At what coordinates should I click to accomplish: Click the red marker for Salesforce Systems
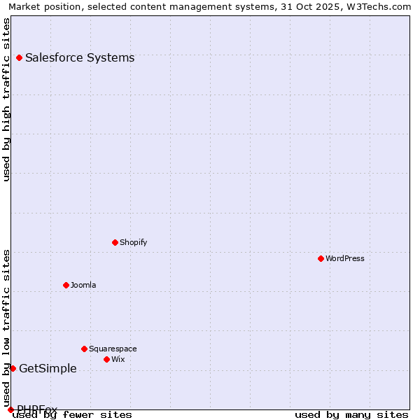[19, 57]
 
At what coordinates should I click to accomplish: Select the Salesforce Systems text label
[80, 57]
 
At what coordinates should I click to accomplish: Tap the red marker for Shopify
[115, 242]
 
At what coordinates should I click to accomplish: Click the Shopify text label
[133, 242]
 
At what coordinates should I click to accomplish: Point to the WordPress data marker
[321, 258]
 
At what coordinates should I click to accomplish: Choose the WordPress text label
[344, 258]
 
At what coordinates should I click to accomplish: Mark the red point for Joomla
[66, 285]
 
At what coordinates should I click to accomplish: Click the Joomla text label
[83, 285]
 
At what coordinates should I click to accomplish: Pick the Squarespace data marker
[84, 349]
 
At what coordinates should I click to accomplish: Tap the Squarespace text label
[113, 349]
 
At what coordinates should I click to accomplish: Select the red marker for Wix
[106, 359]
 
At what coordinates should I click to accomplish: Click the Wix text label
[118, 359]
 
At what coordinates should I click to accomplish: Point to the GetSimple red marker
[13, 368]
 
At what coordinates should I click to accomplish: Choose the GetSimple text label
[48, 368]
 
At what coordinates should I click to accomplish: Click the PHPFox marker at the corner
[10, 409]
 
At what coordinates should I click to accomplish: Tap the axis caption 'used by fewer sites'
[73, 414]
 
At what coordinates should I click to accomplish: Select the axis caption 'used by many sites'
[351, 414]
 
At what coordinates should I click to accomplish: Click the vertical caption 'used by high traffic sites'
[7, 99]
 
